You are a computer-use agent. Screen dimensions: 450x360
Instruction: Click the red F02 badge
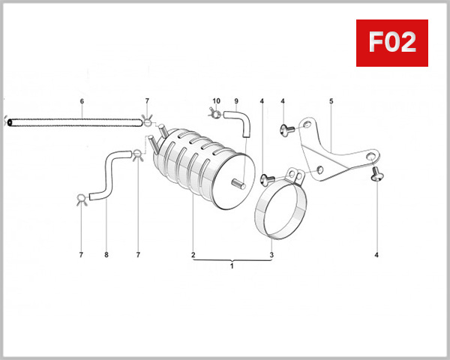[392, 43]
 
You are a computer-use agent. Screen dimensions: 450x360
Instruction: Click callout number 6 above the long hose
[82, 101]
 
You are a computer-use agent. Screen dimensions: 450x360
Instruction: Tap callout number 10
[217, 101]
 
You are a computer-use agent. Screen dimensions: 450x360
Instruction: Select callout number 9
[236, 101]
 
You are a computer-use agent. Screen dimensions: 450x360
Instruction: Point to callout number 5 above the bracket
[331, 101]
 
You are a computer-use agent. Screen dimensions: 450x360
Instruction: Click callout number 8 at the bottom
[106, 255]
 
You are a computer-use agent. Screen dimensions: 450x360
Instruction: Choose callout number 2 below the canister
[193, 255]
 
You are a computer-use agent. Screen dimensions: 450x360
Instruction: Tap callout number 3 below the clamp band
[271, 255]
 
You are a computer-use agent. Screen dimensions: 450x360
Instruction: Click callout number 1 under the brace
[232, 266]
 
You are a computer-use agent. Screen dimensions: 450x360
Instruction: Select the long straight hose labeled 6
[75, 122]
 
